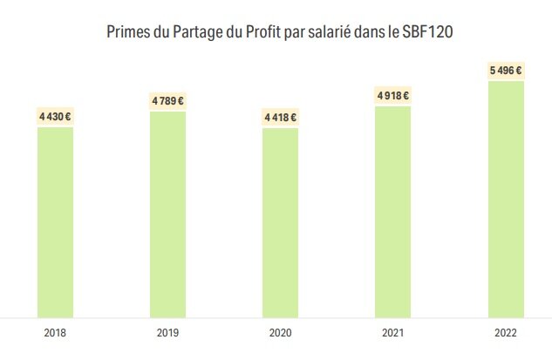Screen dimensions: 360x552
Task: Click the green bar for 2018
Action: pyautogui.click(x=55, y=222)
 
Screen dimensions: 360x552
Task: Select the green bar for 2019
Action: pyautogui.click(x=167, y=214)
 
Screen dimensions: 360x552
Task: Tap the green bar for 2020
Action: pyautogui.click(x=280, y=222)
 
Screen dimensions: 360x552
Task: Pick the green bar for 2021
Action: pyautogui.click(x=392, y=211)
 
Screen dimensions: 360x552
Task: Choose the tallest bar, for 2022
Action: pyautogui.click(x=506, y=199)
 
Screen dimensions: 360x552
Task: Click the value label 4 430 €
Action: pyautogui.click(x=55, y=116)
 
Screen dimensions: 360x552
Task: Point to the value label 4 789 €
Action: pyautogui.click(x=167, y=100)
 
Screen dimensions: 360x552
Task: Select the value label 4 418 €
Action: pyautogui.click(x=280, y=117)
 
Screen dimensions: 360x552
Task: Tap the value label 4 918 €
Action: pyautogui.click(x=392, y=95)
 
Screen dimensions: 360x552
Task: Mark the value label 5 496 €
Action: pyautogui.click(x=506, y=70)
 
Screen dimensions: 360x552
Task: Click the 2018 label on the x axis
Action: pyautogui.click(x=55, y=332)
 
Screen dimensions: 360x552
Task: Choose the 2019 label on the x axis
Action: pyautogui.click(x=167, y=332)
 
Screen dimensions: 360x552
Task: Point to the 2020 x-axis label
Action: pyautogui.click(x=280, y=332)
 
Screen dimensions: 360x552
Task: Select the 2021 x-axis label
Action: pyautogui.click(x=392, y=332)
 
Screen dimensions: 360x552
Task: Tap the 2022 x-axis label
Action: pyautogui.click(x=506, y=332)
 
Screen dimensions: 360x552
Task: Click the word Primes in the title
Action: pyautogui.click(x=126, y=32)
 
